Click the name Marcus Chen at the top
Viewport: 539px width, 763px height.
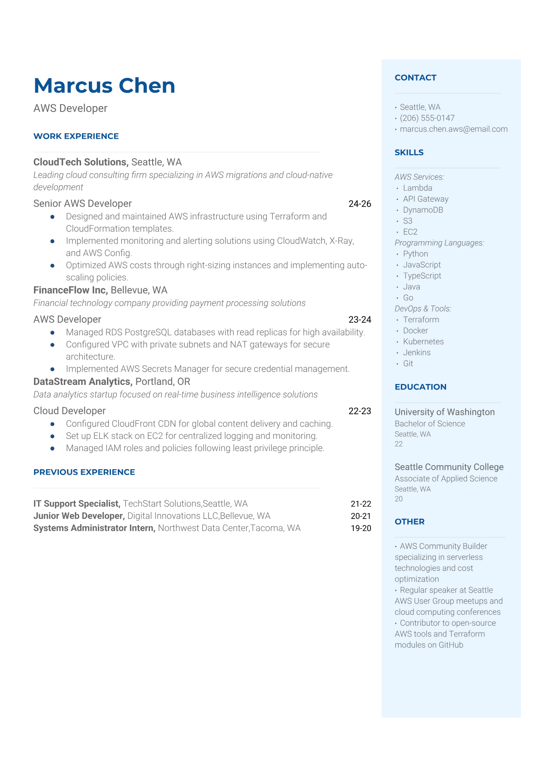(x=104, y=86)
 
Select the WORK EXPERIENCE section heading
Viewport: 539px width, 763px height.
(x=76, y=136)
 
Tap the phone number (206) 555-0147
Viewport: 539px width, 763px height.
(x=427, y=118)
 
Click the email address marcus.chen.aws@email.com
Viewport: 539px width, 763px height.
(x=453, y=129)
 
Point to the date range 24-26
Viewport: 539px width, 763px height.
(x=360, y=204)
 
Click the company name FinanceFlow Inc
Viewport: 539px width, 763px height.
(x=70, y=290)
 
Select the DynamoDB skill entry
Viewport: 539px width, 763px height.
(x=423, y=210)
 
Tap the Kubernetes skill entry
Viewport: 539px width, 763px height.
(x=423, y=342)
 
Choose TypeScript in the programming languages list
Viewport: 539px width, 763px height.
(x=422, y=276)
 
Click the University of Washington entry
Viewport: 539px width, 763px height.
(x=444, y=412)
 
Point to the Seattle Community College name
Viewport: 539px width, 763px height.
(x=449, y=467)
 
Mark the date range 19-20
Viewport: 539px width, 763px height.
(x=361, y=528)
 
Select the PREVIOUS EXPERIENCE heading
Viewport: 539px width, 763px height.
(x=84, y=472)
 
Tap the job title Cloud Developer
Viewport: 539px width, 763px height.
(x=69, y=411)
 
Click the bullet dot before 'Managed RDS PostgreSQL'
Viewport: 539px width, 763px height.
(x=53, y=333)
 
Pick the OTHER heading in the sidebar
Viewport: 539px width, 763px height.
(x=409, y=522)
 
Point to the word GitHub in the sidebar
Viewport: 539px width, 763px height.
(x=451, y=645)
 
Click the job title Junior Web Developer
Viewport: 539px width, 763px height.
(x=79, y=516)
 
